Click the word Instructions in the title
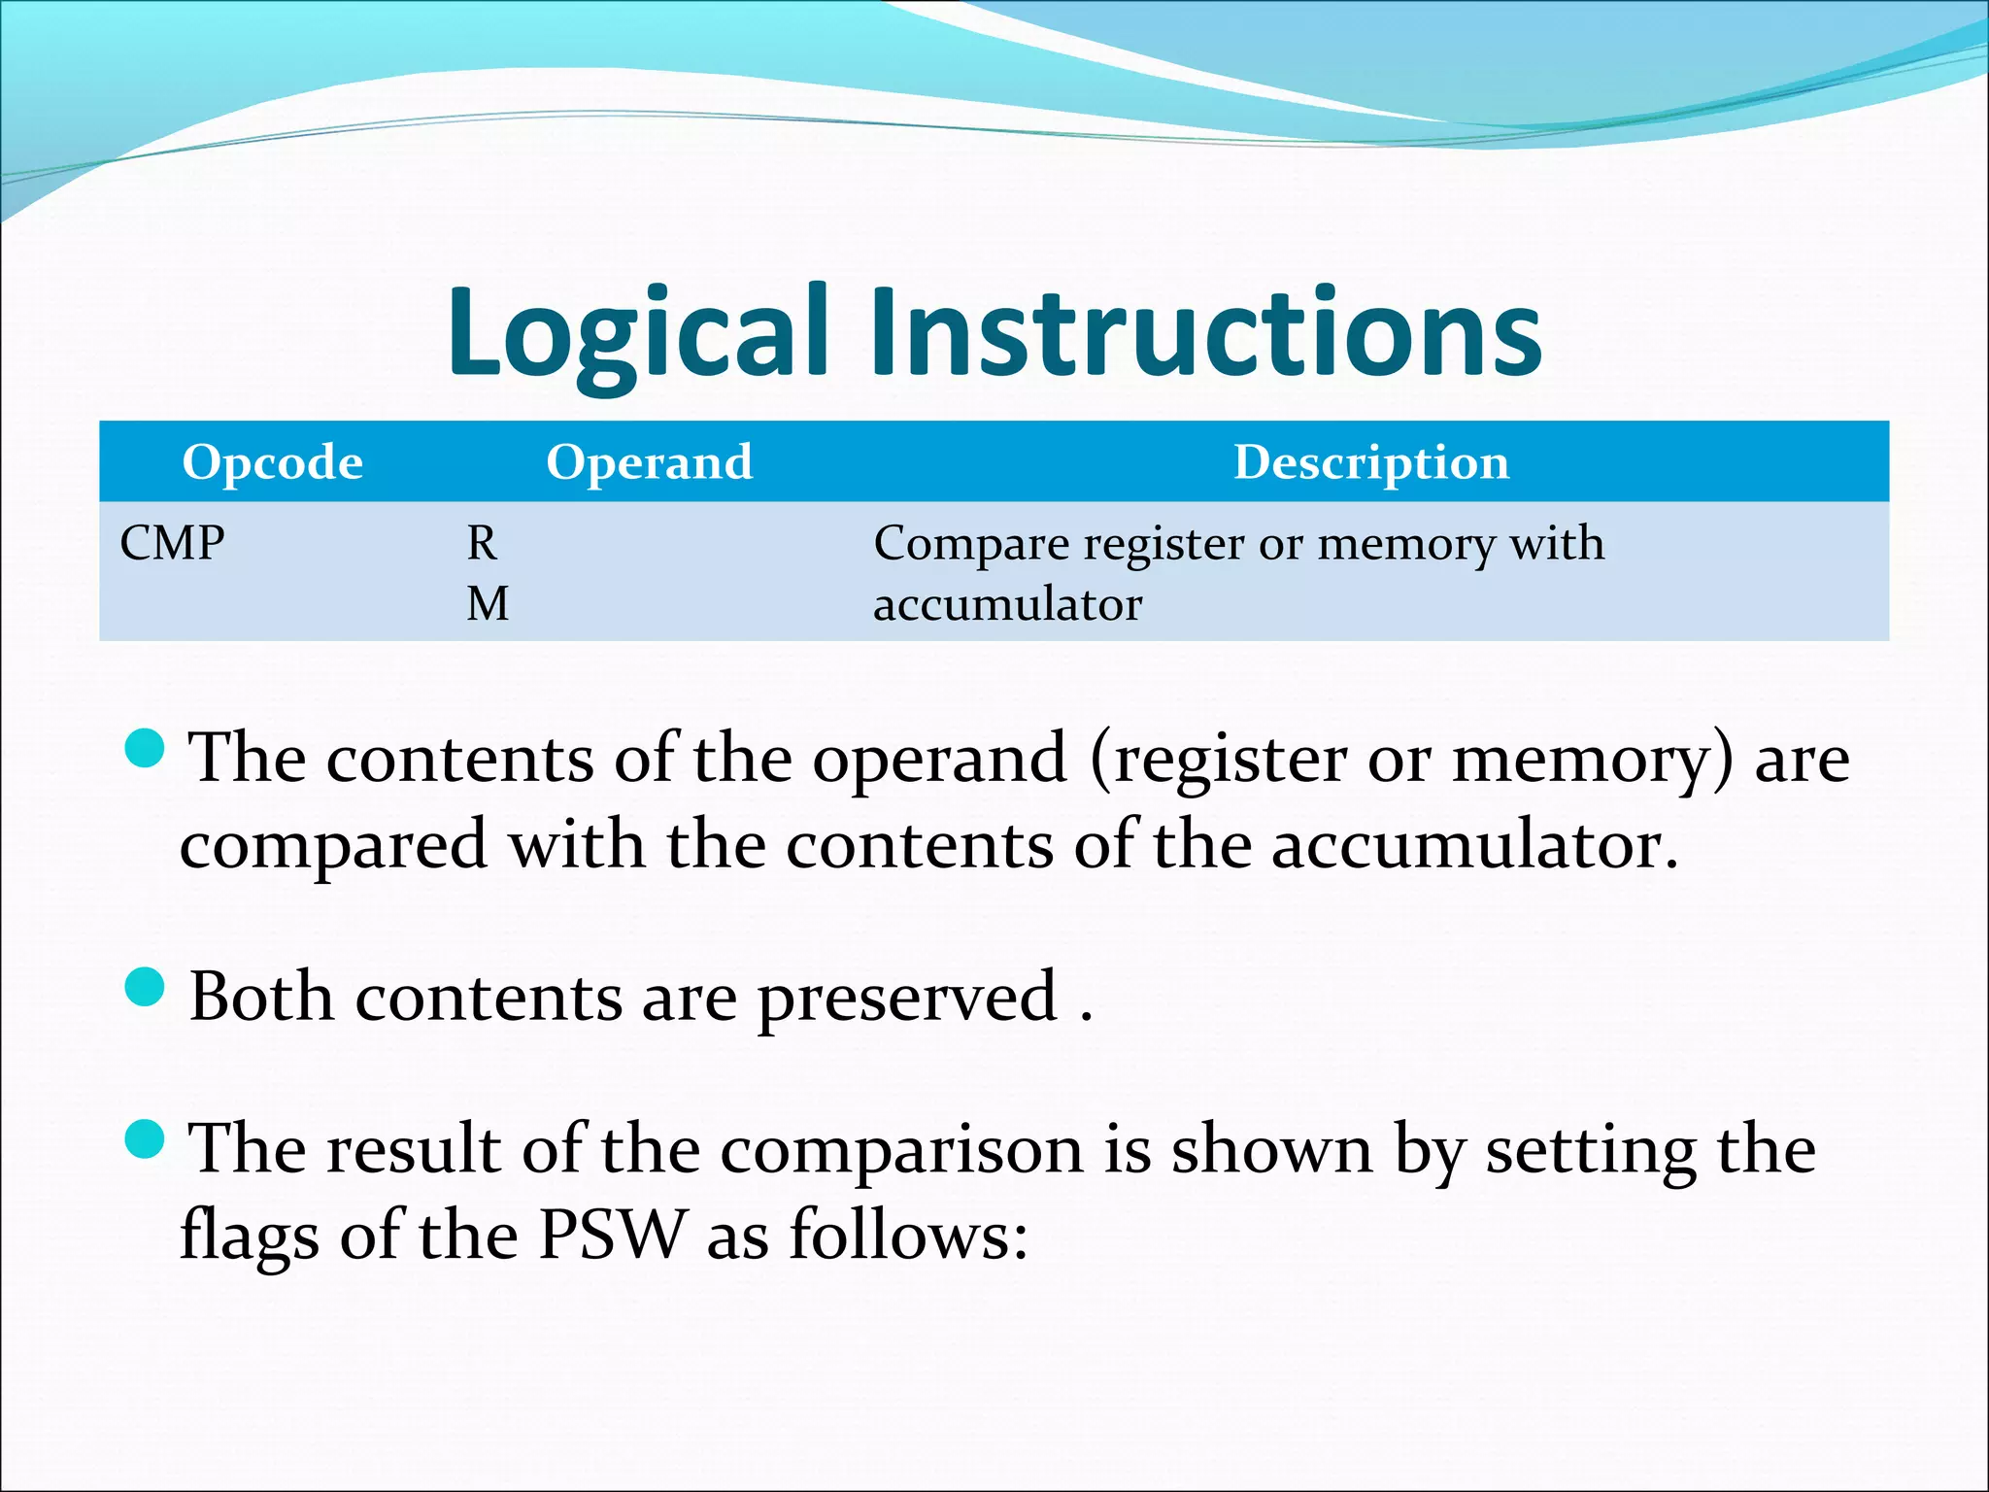tap(1204, 332)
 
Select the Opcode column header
tap(272, 461)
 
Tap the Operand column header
tap(649, 461)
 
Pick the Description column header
tap(1370, 461)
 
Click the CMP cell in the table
tap(172, 542)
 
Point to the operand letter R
tap(482, 542)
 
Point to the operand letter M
tap(487, 603)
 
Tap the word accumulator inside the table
tap(1007, 604)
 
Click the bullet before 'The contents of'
tap(146, 748)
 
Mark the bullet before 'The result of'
tap(146, 1138)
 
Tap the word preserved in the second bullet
tap(907, 998)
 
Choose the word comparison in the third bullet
tap(900, 1150)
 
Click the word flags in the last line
tap(250, 1236)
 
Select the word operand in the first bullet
tap(939, 759)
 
